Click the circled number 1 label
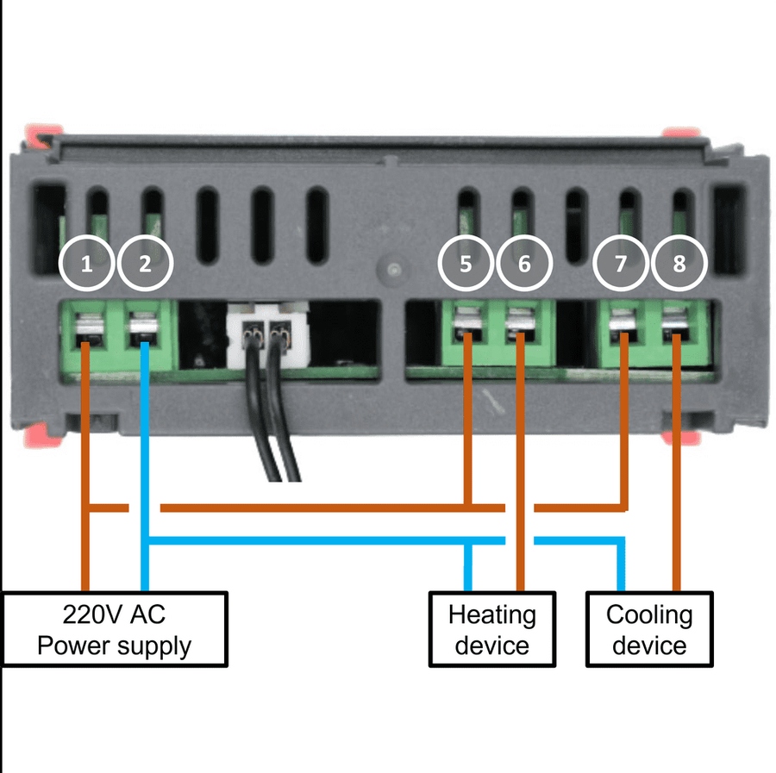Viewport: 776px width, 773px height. (x=86, y=264)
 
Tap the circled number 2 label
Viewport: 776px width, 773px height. (x=145, y=264)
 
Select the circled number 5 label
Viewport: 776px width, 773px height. (x=466, y=264)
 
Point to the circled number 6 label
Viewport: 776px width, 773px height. (x=524, y=264)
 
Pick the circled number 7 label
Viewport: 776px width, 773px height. (x=621, y=264)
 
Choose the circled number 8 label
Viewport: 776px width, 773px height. (x=679, y=264)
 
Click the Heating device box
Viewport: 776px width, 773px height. (x=492, y=629)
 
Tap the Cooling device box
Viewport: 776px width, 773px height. (x=649, y=629)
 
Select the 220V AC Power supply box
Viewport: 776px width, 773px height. (x=114, y=629)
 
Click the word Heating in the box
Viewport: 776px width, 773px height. (x=492, y=616)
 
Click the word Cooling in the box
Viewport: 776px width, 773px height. (x=649, y=616)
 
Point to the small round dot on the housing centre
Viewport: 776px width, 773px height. (x=393, y=270)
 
